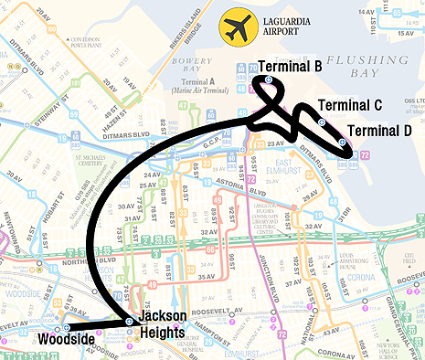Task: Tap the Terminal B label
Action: point(290,67)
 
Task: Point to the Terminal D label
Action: point(379,131)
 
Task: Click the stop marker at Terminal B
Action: point(268,80)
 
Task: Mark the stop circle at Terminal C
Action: point(321,122)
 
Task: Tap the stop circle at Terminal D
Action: point(342,143)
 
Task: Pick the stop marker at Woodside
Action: point(67,326)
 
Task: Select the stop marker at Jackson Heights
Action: point(129,322)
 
